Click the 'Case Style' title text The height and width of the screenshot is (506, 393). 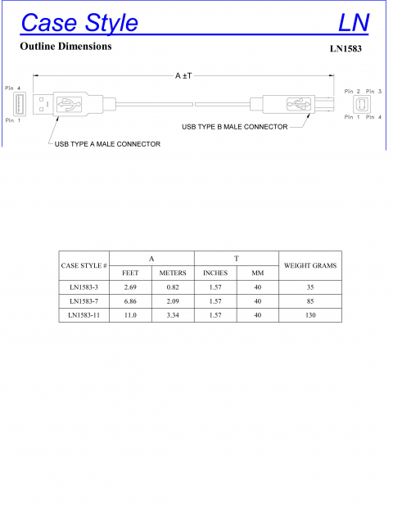click(79, 22)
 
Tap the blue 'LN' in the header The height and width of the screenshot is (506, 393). click(354, 22)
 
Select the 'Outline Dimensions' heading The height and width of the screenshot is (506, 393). click(65, 47)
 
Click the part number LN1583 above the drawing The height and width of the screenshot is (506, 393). click(346, 48)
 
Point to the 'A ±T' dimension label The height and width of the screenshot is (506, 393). click(183, 75)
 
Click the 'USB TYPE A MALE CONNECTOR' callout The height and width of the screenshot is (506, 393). click(107, 144)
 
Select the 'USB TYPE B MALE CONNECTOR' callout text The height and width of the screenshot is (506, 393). click(234, 127)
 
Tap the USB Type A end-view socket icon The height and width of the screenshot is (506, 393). click(20, 104)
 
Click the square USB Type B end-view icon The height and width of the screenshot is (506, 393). click(362, 104)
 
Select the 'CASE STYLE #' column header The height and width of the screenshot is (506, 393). click(84, 265)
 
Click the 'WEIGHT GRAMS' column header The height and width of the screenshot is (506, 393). click(309, 265)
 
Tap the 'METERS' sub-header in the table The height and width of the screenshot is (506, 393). click(173, 273)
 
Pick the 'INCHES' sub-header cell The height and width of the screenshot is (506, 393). click(215, 273)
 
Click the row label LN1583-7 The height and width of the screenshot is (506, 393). click(84, 301)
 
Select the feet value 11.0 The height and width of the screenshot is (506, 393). click(130, 314)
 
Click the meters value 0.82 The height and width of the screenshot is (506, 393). click(173, 287)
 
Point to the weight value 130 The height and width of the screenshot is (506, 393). click(309, 314)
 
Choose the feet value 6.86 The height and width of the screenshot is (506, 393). click(130, 301)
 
